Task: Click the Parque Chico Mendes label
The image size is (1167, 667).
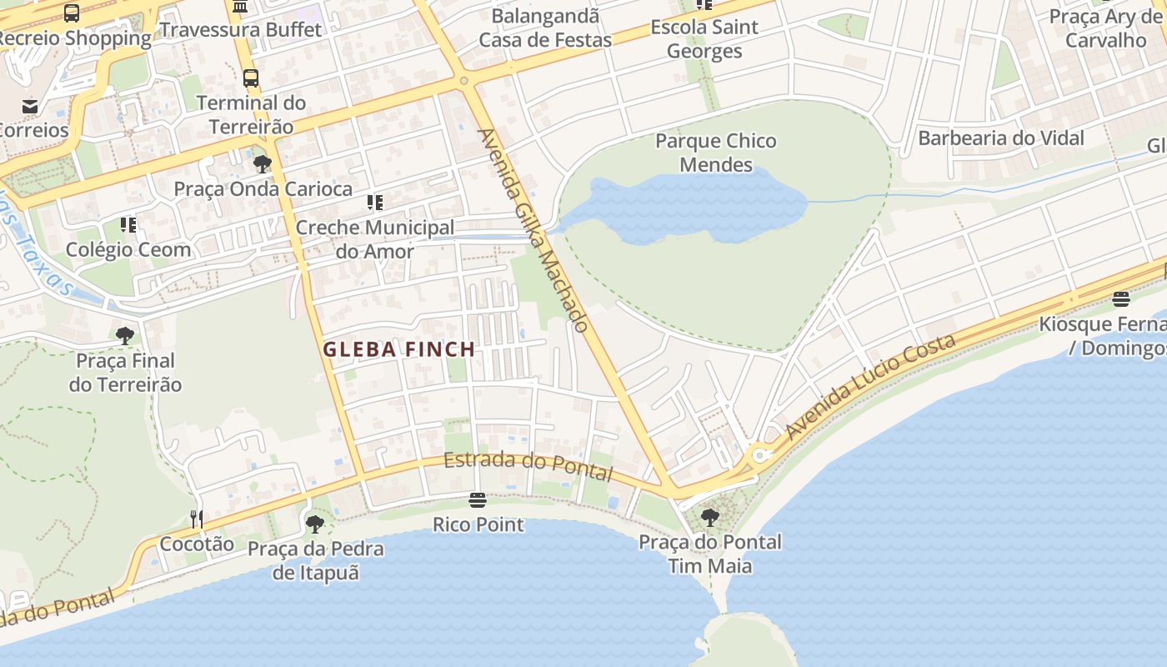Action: (x=715, y=153)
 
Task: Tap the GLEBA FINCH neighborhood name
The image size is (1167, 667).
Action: (x=398, y=349)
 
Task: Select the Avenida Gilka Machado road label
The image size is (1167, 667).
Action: (x=533, y=229)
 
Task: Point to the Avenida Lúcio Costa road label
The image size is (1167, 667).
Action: (x=870, y=388)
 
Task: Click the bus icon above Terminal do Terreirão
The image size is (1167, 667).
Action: (x=251, y=78)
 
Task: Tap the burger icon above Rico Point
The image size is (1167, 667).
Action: (x=478, y=500)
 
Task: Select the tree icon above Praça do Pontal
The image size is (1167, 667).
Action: (x=710, y=518)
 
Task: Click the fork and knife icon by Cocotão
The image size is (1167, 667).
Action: (x=197, y=519)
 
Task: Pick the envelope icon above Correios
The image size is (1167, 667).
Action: (x=30, y=106)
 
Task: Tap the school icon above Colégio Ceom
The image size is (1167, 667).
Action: (x=128, y=225)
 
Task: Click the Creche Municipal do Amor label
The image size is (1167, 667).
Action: (x=375, y=239)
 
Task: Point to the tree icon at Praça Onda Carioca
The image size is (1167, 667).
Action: (x=263, y=163)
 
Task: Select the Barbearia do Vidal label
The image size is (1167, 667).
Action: (x=1000, y=138)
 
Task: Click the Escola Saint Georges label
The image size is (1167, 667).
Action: (x=704, y=38)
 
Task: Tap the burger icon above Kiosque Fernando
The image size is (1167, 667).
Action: (x=1121, y=299)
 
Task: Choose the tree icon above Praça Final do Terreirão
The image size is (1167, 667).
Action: (x=125, y=336)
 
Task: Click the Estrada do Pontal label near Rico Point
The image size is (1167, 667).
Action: (x=528, y=466)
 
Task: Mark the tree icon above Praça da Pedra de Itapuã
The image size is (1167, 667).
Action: (x=315, y=524)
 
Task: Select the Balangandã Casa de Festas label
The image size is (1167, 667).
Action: (x=545, y=28)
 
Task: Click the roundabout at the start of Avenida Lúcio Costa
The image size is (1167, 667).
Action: (x=759, y=455)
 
